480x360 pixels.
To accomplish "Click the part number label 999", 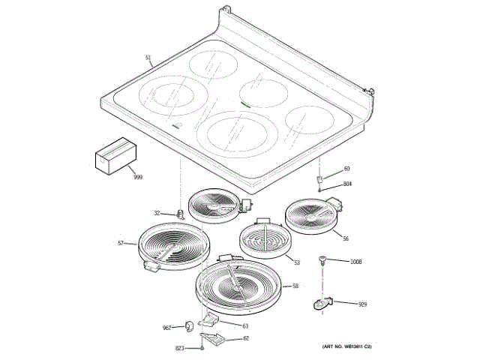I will (137, 178).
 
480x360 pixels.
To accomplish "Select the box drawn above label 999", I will (114, 157).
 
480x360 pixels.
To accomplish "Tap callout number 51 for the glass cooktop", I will (148, 58).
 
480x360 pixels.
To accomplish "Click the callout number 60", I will (346, 169).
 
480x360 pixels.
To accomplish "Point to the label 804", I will (348, 184).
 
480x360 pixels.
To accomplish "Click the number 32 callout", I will (157, 213).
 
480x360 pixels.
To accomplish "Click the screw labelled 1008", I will (323, 260).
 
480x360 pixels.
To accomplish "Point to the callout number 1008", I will (355, 262).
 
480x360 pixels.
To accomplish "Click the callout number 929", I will (362, 304).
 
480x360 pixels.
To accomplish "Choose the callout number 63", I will (244, 325).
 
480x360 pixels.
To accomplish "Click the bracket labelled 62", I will (217, 340).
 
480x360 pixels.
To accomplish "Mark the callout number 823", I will (179, 349).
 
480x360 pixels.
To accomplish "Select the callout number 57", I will (120, 242).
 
